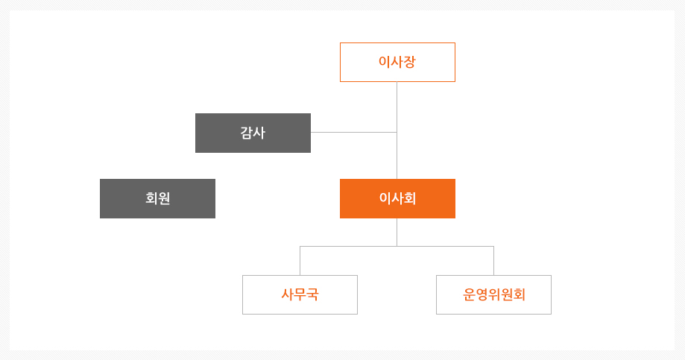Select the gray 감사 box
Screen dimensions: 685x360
tap(253, 133)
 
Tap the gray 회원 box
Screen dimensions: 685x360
tap(158, 198)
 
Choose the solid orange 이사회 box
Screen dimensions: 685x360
tap(397, 198)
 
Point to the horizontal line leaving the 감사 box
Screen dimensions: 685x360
tap(354, 132)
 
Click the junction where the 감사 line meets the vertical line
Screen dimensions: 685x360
tap(397, 132)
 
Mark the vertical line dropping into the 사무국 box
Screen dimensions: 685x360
tap(300, 261)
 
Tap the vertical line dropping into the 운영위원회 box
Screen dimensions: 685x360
tap(494, 261)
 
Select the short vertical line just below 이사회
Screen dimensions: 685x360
tap(397, 232)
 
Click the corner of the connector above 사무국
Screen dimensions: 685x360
tap(300, 247)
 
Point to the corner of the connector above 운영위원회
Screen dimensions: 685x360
tap(494, 247)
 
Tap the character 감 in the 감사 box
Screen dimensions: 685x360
tap(247, 133)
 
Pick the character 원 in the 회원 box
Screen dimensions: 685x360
tap(164, 198)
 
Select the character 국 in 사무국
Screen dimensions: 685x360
tap(312, 294)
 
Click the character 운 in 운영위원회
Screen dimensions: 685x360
tap(469, 294)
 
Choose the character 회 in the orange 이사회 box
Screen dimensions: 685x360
tap(410, 198)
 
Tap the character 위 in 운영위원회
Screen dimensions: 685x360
tap(494, 294)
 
